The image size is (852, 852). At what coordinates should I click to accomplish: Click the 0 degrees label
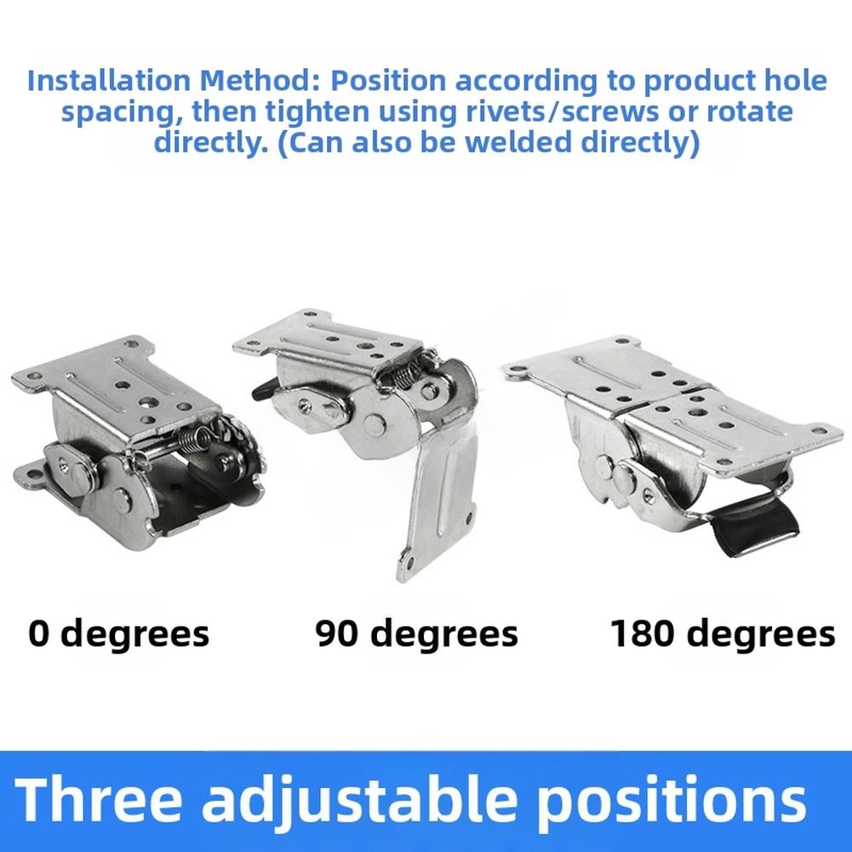[118, 633]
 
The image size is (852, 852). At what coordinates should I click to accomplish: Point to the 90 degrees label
[416, 633]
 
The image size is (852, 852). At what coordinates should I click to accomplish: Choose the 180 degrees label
[723, 633]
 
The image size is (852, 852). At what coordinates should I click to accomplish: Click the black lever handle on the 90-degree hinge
[262, 390]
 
